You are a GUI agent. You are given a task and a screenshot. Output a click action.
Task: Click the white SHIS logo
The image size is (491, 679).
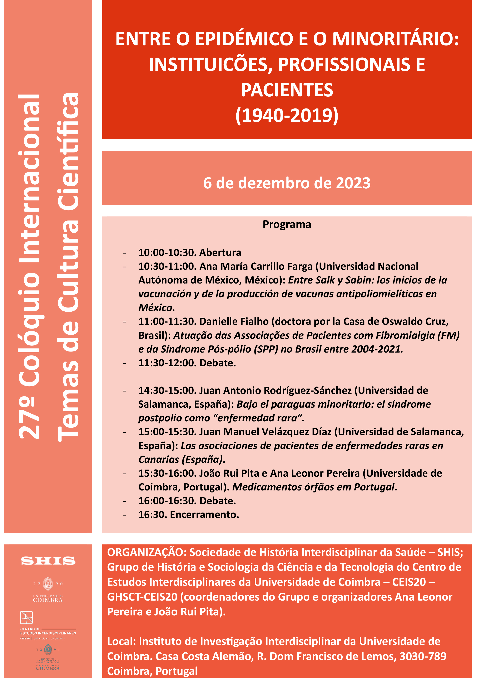click(48, 561)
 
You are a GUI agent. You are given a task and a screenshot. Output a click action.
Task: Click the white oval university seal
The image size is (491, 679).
click(48, 583)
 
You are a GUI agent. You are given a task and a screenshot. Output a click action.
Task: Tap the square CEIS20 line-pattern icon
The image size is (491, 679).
click(26, 617)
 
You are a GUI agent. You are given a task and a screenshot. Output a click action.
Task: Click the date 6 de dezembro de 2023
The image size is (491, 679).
click(287, 183)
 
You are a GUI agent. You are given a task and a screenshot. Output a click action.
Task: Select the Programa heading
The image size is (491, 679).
click(287, 224)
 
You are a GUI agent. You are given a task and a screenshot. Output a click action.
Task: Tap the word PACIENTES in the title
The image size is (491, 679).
click(287, 90)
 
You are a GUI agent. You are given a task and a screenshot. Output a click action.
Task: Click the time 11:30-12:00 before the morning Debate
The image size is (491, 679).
click(167, 363)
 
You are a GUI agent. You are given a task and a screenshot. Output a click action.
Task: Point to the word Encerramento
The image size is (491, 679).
click(204, 514)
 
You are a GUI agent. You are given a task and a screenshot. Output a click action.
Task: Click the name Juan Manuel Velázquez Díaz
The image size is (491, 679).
click(265, 432)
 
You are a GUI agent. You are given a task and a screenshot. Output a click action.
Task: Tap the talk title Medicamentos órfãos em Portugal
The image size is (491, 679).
click(313, 487)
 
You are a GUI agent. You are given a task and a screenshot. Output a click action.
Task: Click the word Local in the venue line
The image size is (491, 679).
click(121, 641)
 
